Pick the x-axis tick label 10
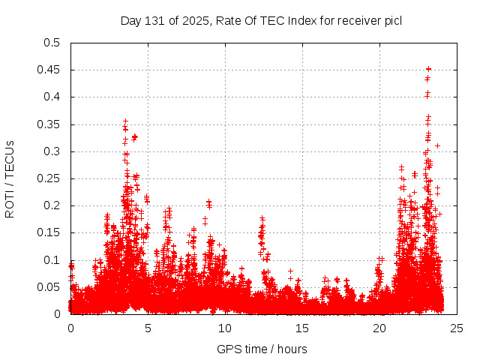coord(225,328)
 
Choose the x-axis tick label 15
coord(302,328)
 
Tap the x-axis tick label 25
coord(457,328)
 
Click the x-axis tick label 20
coord(379,328)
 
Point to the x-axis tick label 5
coord(148,328)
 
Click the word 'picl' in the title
coord(392,20)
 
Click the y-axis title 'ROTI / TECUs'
coord(10,178)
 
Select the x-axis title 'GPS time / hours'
coord(262,349)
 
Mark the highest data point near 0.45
coord(428,69)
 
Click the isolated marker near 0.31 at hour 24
coord(437,145)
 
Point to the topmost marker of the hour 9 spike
coord(208,202)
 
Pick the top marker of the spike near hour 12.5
coord(262,218)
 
